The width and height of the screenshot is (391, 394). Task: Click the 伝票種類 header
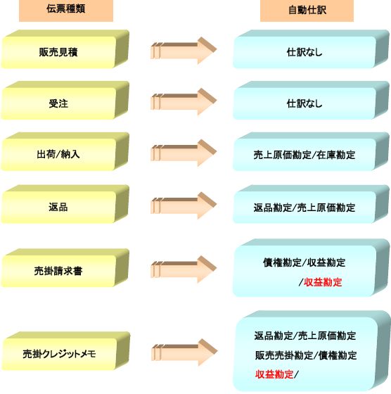tap(66, 10)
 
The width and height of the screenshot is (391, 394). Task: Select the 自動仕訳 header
tap(307, 10)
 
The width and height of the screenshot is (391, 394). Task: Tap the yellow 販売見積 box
tap(65, 49)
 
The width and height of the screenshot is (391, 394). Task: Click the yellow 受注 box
tap(65, 100)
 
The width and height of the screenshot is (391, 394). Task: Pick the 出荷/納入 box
tap(65, 151)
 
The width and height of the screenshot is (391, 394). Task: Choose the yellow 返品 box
tap(65, 204)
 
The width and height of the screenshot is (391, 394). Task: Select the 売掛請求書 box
tap(65, 268)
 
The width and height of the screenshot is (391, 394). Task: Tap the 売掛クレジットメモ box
tap(65, 351)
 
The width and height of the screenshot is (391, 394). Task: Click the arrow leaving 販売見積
tap(184, 51)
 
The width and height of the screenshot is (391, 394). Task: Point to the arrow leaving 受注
tap(184, 101)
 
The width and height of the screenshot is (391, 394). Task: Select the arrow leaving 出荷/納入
tap(184, 153)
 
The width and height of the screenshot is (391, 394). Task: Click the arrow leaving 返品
tap(184, 205)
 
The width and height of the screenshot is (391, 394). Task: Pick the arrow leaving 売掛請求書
tap(184, 269)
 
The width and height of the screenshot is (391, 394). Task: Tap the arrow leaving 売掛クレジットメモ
tap(184, 352)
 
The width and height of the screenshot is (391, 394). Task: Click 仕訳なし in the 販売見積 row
tap(305, 52)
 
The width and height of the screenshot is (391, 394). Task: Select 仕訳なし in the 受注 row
tap(305, 103)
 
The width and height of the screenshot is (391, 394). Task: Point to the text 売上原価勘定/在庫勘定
tap(305, 155)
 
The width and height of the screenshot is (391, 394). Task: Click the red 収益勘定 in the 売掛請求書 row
tap(323, 282)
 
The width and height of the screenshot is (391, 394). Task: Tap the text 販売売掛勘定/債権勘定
tap(306, 355)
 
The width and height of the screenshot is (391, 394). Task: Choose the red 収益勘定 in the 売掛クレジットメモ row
tap(274, 374)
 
